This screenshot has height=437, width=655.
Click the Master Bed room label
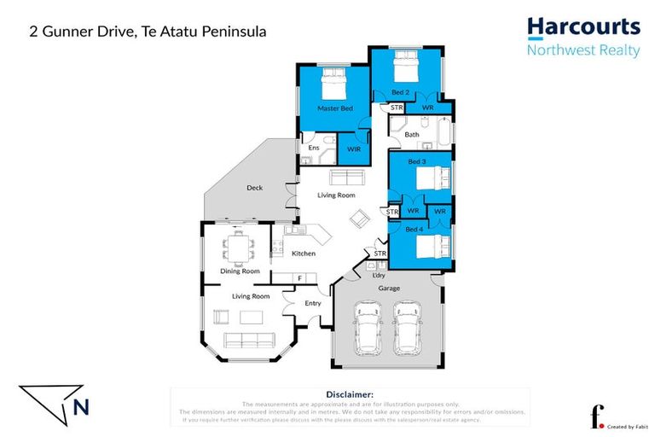334,108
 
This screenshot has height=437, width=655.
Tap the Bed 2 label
401,91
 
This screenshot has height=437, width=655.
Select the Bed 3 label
416,161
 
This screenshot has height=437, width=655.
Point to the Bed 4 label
414,230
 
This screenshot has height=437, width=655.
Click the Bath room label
412,135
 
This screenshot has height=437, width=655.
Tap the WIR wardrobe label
354,149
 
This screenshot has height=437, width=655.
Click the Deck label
254,188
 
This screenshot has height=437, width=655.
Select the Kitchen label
304,253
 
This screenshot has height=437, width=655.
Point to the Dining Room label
240,271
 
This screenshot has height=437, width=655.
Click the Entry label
313,303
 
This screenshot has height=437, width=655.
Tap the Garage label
389,288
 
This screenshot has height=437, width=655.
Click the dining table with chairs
237,248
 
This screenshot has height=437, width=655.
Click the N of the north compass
81,407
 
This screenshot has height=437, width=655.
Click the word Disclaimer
351,394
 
